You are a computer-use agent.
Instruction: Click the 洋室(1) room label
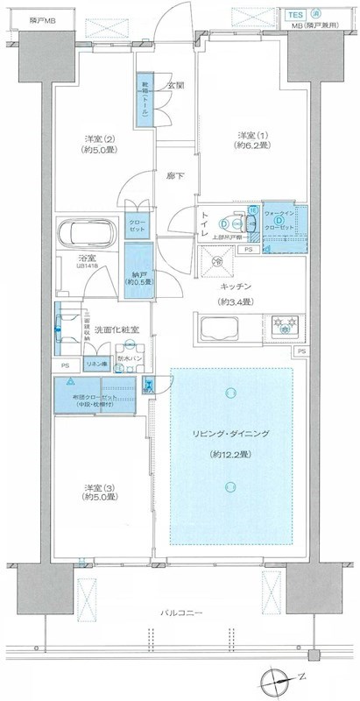pyautogui.click(x=245, y=134)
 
